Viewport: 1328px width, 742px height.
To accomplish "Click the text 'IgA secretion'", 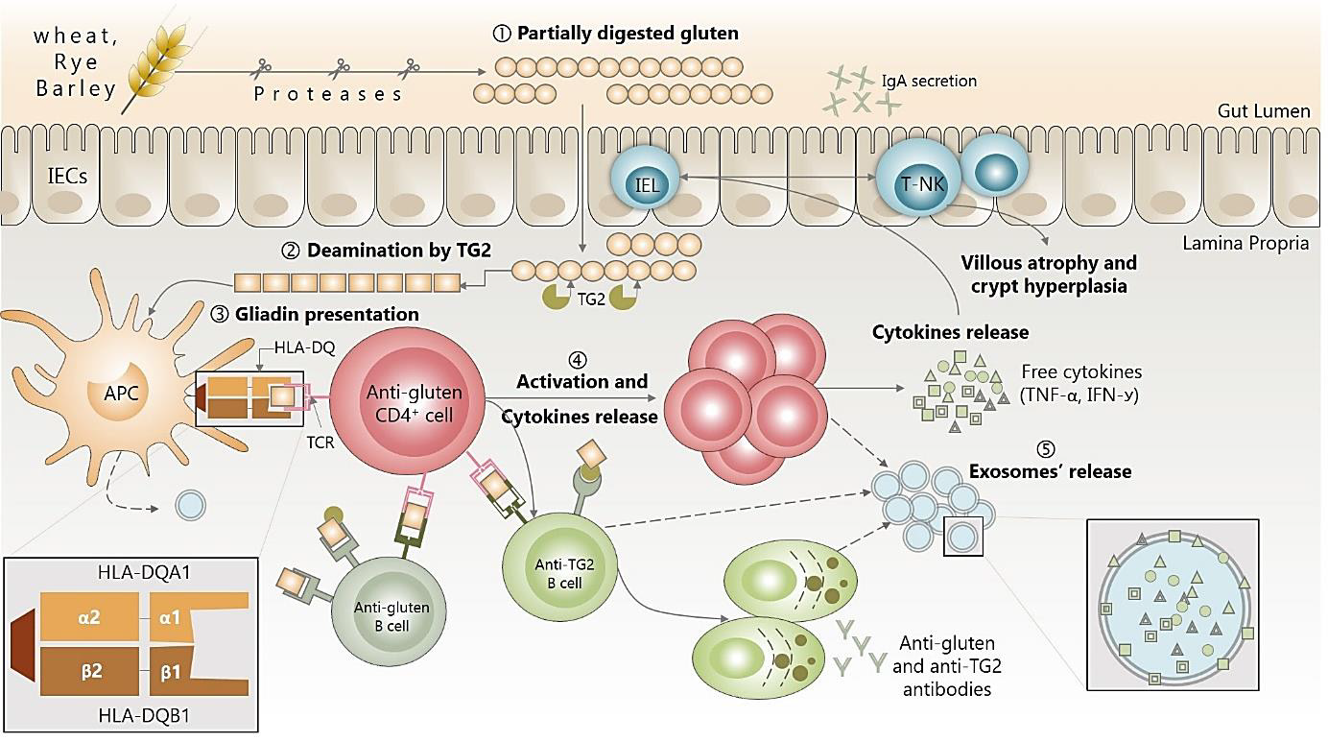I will pos(928,82).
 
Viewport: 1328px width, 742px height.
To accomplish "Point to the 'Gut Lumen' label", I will pos(1263,111).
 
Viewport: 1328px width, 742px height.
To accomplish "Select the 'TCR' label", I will pos(320,443).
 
